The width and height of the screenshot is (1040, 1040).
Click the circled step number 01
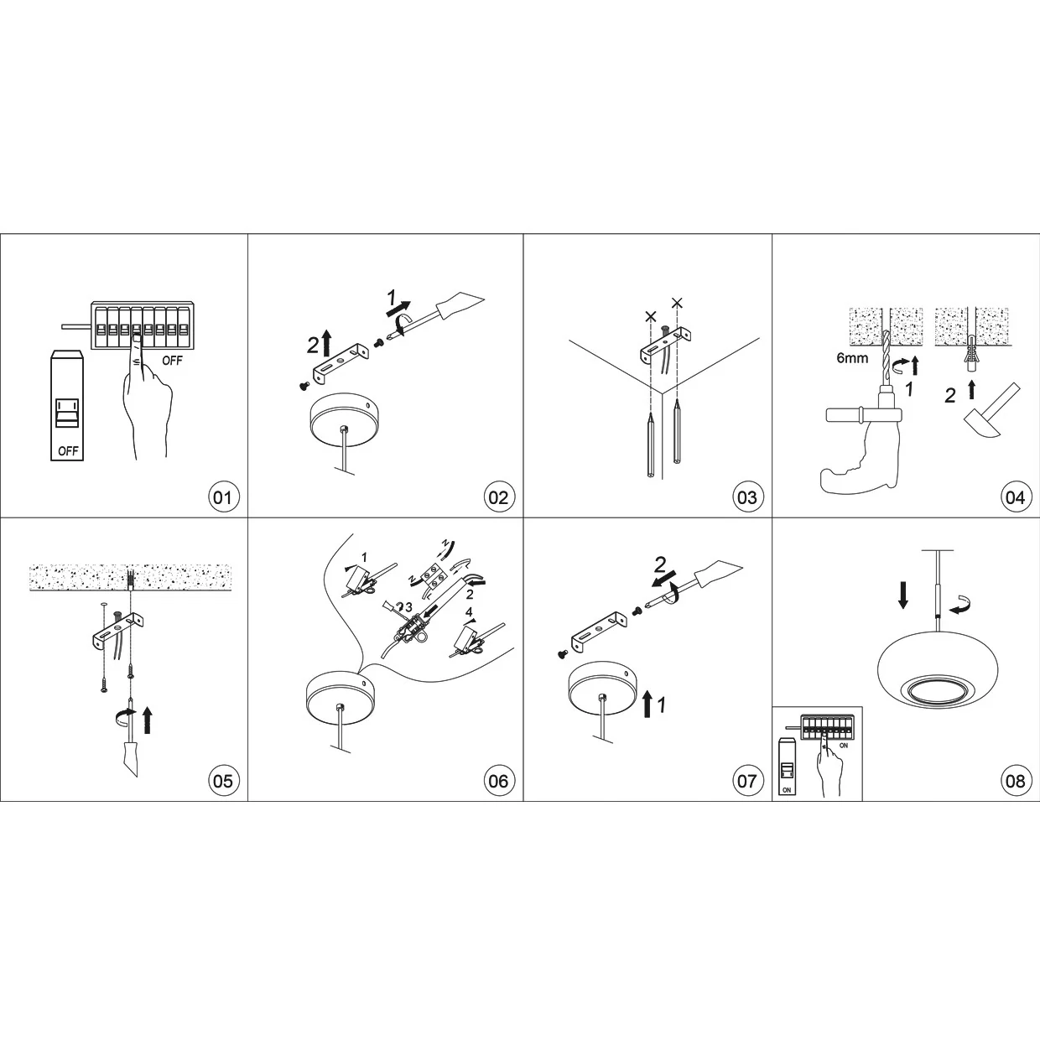[223, 497]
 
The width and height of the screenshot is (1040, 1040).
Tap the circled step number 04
[1015, 497]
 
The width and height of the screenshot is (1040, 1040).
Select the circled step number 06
[498, 780]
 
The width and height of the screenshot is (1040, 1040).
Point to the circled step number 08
[1015, 780]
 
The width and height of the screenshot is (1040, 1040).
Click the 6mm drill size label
[852, 358]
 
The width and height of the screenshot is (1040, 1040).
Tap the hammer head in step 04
[980, 424]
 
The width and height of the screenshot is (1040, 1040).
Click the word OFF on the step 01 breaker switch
[68, 450]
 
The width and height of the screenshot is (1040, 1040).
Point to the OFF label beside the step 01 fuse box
[172, 361]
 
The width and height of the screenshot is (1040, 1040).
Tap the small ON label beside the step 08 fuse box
[844, 746]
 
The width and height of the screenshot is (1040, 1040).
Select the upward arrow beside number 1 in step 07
[647, 703]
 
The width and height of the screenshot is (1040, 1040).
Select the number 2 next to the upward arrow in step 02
[313, 346]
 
